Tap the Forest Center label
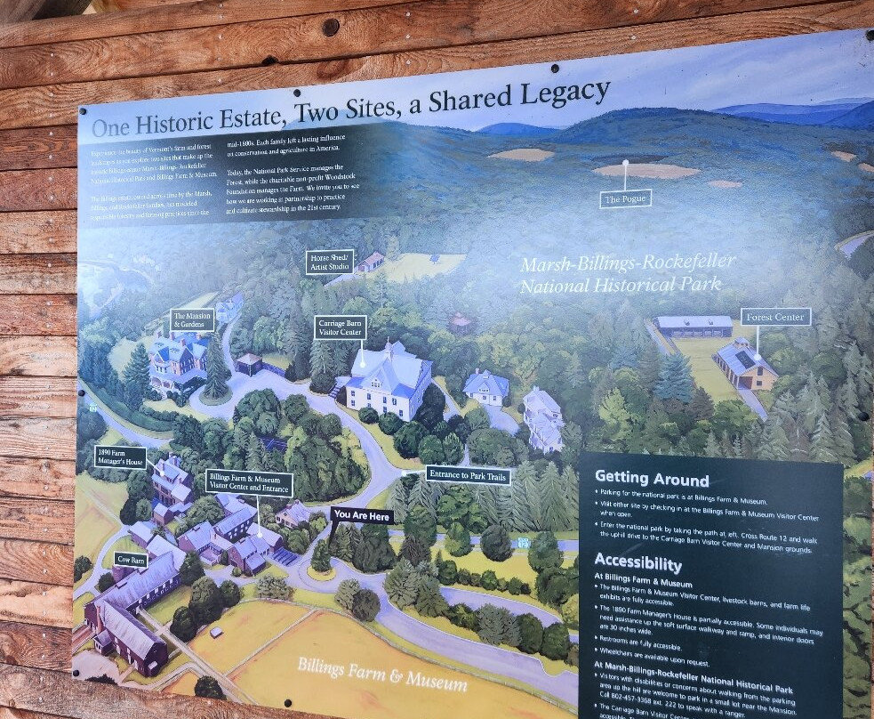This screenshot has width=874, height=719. click(775, 316)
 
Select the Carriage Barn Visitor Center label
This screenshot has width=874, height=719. click(340, 327)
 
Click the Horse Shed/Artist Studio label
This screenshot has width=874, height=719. click(330, 262)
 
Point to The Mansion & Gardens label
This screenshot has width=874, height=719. click(192, 320)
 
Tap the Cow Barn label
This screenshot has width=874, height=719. click(131, 560)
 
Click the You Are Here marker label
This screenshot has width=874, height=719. click(362, 514)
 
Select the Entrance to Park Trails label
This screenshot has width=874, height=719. click(469, 475)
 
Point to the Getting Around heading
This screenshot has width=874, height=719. click(652, 479)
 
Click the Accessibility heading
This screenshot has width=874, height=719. click(637, 563)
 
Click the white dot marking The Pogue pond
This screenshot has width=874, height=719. click(626, 164)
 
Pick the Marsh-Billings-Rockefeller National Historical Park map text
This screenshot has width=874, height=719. click(628, 273)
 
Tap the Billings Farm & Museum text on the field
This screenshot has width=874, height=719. click(382, 675)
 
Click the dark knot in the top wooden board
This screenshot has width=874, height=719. click(330, 26)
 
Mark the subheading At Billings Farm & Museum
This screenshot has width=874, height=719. click(643, 584)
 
